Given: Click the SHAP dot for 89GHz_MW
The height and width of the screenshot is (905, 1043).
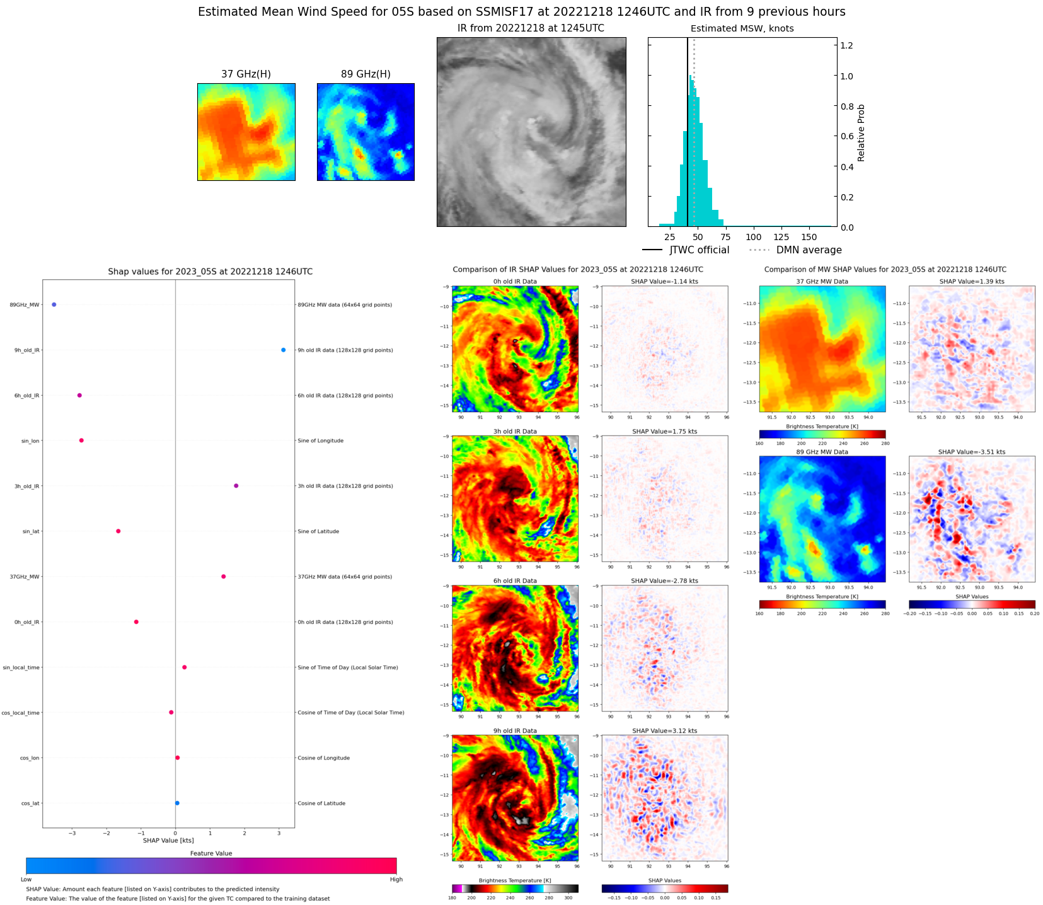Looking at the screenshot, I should coord(54,304).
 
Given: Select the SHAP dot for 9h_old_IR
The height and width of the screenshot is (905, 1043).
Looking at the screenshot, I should coord(283,350).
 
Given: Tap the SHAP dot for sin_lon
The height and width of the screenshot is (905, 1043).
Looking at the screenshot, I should coord(81,441).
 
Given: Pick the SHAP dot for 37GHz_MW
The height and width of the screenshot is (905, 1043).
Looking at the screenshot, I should coord(223,577).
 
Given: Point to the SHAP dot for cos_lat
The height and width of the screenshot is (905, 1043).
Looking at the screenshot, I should coord(177,803).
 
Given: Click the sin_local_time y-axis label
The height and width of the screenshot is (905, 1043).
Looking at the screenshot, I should coord(21,667).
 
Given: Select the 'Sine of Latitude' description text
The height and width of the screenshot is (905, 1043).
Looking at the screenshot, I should coord(318,531).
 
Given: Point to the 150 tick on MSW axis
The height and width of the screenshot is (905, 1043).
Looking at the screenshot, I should coord(809,237).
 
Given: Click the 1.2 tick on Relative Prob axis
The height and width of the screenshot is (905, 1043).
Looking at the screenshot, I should coord(846,45).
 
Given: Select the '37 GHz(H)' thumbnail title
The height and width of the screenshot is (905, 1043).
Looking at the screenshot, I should coord(246,74).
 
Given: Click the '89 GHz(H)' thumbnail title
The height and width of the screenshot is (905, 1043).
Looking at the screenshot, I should coord(366,74).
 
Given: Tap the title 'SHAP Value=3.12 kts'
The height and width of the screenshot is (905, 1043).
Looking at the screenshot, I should coord(664,731).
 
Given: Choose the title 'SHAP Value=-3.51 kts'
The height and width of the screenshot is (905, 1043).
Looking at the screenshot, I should coord(971,452).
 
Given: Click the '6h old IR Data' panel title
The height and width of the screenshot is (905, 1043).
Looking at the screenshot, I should coord(515,581).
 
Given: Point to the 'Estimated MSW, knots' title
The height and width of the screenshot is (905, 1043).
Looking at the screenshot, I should coord(742,28).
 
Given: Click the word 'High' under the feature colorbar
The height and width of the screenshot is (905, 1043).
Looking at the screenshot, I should coord(396,879).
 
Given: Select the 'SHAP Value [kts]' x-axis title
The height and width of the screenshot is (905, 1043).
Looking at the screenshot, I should coord(168,840).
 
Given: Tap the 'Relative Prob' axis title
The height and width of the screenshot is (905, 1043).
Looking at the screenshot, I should coord(861,133).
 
